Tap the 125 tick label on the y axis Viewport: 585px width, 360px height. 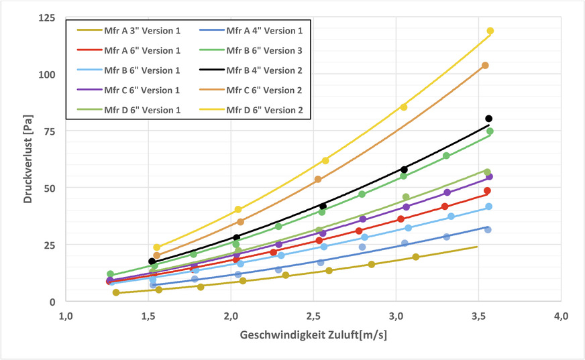47,18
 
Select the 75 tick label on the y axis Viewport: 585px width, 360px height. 50,131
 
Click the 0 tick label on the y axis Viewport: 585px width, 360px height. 52,302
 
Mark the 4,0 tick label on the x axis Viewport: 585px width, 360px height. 562,316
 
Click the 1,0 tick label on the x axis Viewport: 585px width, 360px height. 66,316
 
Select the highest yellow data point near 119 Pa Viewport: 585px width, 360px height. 490,31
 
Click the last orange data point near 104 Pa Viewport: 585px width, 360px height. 485,66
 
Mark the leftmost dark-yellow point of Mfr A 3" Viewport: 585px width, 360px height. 116,293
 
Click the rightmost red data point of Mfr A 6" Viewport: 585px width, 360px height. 487,191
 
